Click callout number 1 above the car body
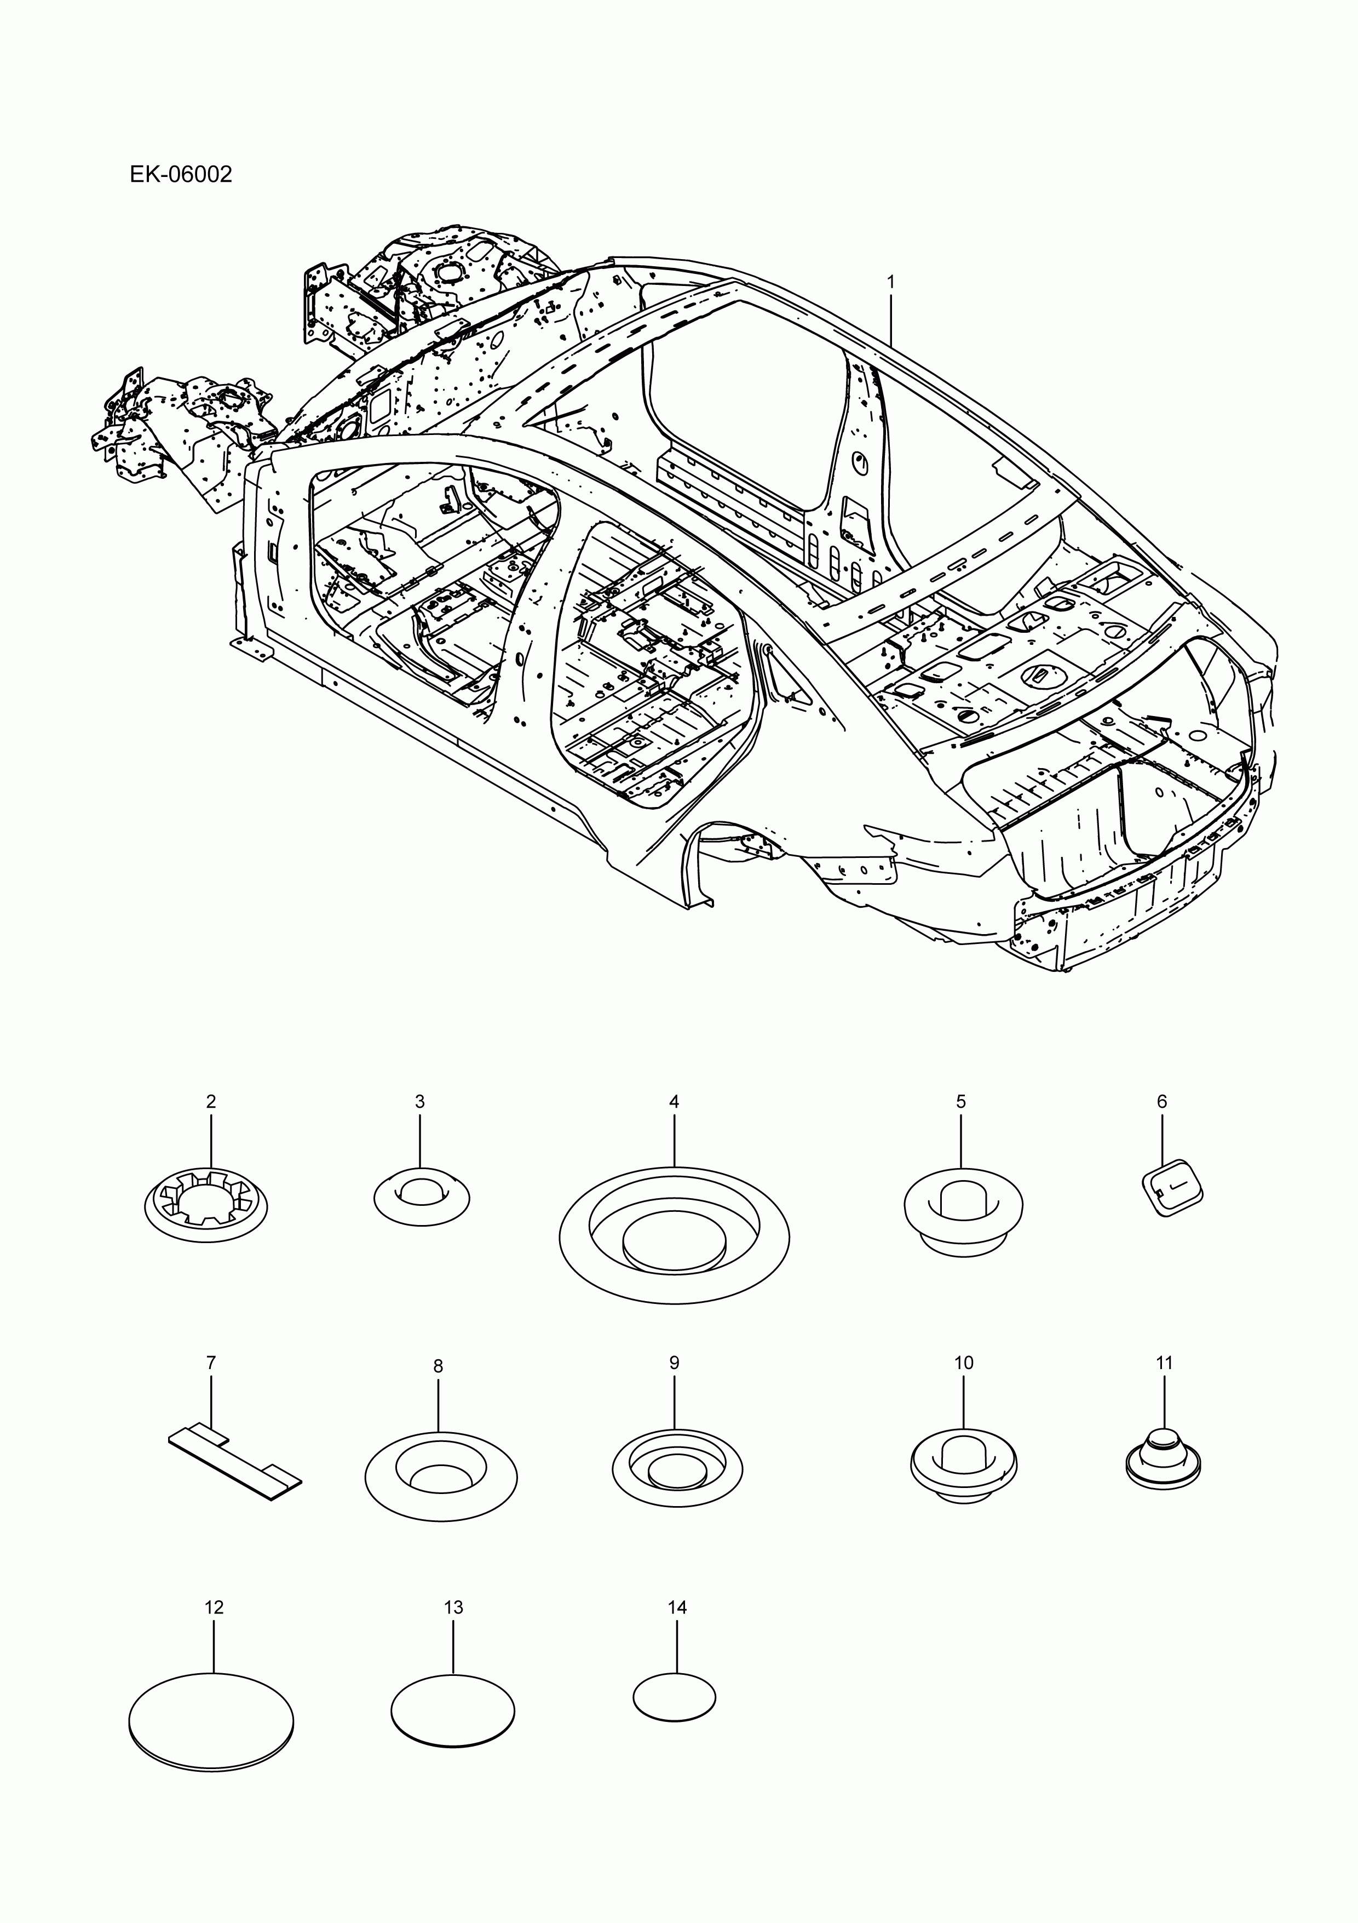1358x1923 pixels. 891,283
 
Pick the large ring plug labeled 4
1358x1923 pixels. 674,1235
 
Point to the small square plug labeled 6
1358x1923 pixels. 1172,1186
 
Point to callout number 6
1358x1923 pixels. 1161,1101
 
